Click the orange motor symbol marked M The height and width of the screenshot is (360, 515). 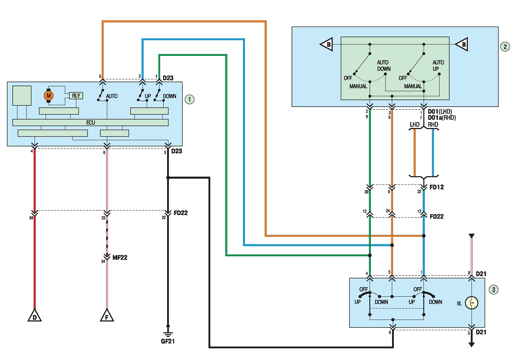click(48, 95)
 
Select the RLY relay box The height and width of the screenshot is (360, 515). click(76, 95)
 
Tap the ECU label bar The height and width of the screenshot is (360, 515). click(90, 122)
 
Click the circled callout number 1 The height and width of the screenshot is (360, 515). click(189, 99)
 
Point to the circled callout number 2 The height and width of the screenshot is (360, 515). click(505, 47)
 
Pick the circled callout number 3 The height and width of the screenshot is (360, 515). click(494, 290)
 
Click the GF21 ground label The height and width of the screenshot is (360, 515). click(168, 341)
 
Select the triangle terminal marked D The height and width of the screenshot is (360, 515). click(34, 315)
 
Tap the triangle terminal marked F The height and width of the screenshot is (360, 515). click(107, 315)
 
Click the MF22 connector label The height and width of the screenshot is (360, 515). click(120, 257)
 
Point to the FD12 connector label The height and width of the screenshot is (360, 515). click(437, 187)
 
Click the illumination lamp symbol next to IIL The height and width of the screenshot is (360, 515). click(471, 303)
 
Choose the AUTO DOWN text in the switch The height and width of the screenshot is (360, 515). click(384, 65)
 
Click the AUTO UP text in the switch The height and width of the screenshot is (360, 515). click(438, 65)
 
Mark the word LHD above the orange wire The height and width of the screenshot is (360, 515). click(415, 125)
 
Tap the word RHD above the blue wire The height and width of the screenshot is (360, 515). click(433, 125)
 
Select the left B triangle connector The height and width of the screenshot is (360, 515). click(326, 44)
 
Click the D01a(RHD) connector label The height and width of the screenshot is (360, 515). click(442, 118)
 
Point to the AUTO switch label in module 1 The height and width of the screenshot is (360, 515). click(111, 96)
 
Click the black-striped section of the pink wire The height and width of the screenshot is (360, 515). click(107, 236)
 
